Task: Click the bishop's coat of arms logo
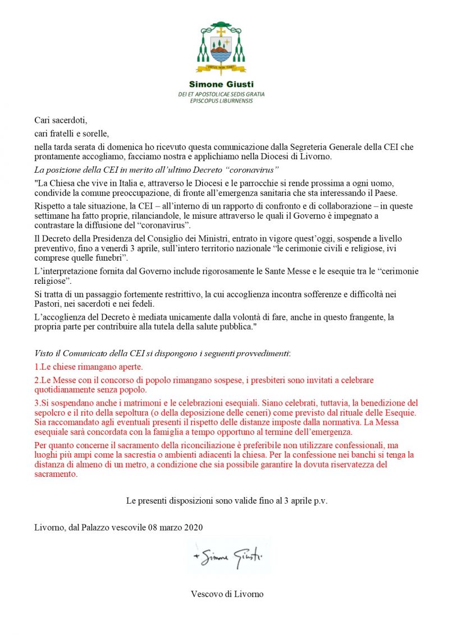tap(221, 49)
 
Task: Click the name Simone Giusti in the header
tap(221, 85)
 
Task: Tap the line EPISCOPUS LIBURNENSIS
tap(221, 100)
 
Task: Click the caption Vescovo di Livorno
tap(227, 593)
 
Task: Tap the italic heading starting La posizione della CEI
tap(157, 169)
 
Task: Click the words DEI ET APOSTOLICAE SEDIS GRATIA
tap(221, 94)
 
